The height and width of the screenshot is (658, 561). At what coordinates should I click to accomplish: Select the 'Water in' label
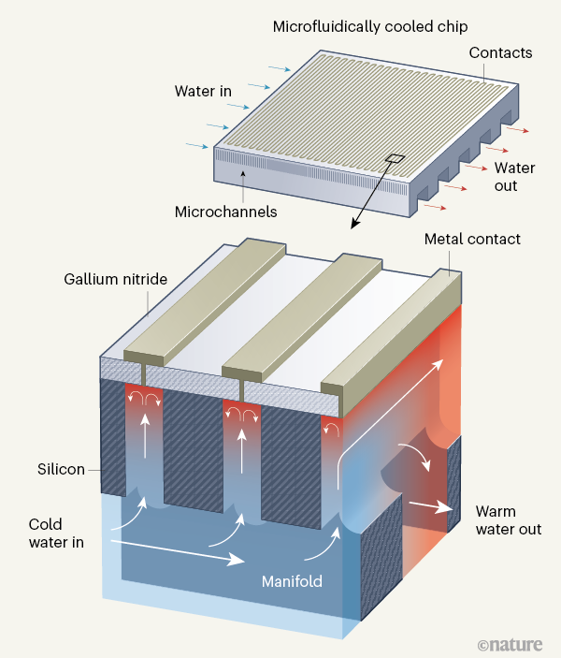(204, 92)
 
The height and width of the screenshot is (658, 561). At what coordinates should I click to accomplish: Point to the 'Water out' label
(514, 177)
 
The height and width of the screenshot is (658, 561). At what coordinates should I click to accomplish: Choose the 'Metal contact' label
(472, 240)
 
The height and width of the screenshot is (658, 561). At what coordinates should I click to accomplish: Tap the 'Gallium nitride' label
(116, 279)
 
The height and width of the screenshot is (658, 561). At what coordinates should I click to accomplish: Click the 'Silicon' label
(59, 469)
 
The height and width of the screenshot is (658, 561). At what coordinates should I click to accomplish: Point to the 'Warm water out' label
(508, 520)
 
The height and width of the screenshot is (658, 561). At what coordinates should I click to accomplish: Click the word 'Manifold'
(292, 581)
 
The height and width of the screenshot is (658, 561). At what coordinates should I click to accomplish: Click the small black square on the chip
(396, 158)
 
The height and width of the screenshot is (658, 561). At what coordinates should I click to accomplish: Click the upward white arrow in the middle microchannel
(241, 447)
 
